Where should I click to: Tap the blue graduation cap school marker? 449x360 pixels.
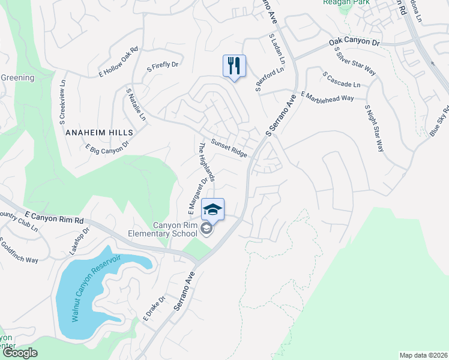(212, 209)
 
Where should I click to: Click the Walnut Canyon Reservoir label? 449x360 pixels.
(95, 287)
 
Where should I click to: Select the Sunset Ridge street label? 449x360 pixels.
(229, 149)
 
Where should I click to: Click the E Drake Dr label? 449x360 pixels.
(154, 308)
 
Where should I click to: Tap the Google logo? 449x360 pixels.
(19, 353)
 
